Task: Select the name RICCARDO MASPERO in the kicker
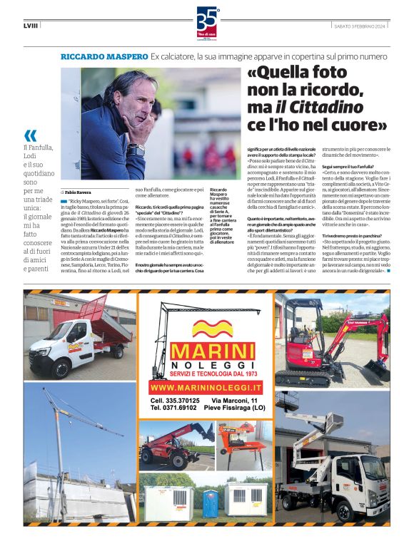104,56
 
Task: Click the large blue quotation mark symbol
30,135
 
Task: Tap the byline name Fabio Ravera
79,192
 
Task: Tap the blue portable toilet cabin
209,503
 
